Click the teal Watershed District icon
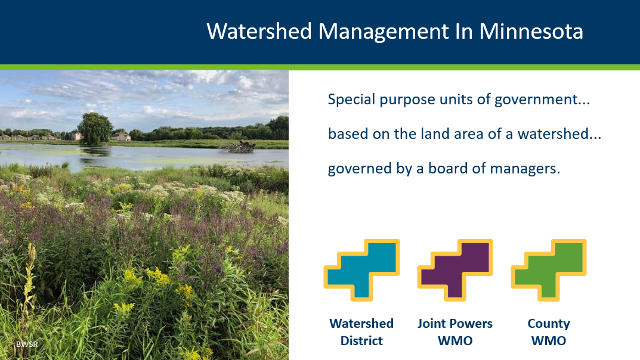click(361, 269)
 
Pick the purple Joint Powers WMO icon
click(455, 269)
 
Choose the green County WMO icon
click(549, 269)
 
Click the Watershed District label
click(361, 332)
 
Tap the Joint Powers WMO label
click(455, 332)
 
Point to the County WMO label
click(549, 332)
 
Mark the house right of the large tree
click(121, 136)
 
